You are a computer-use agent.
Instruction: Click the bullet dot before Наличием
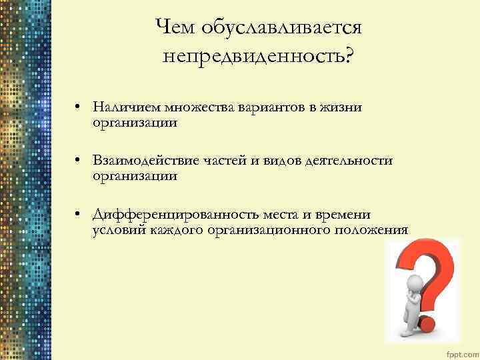pos(78,108)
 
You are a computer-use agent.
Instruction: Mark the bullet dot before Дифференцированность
pos(78,215)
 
